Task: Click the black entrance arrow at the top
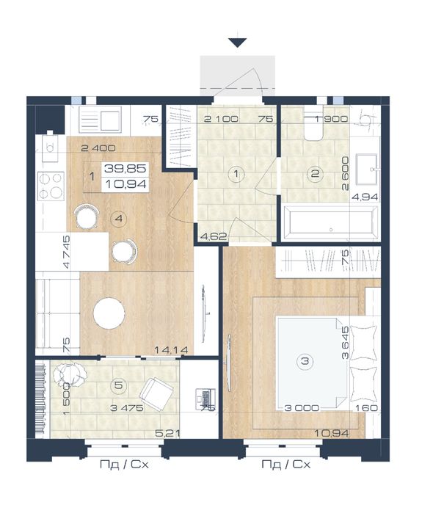(x=238, y=43)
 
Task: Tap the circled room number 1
(x=236, y=174)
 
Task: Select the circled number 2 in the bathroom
(x=315, y=173)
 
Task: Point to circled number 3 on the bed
(x=305, y=361)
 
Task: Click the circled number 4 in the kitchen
(x=119, y=218)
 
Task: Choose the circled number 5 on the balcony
(x=118, y=385)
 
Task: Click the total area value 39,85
(x=125, y=169)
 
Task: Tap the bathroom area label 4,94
(x=365, y=197)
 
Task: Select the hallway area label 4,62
(x=214, y=236)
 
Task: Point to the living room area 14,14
(x=171, y=350)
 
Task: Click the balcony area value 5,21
(x=167, y=434)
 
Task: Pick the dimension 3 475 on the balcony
(x=127, y=408)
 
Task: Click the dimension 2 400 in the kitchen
(x=98, y=148)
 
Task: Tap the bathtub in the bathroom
(x=331, y=223)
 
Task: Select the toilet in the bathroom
(x=313, y=125)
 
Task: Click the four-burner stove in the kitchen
(x=51, y=186)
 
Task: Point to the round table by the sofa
(x=109, y=313)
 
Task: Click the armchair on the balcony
(x=157, y=393)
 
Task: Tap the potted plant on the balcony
(x=69, y=374)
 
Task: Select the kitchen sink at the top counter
(x=100, y=120)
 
